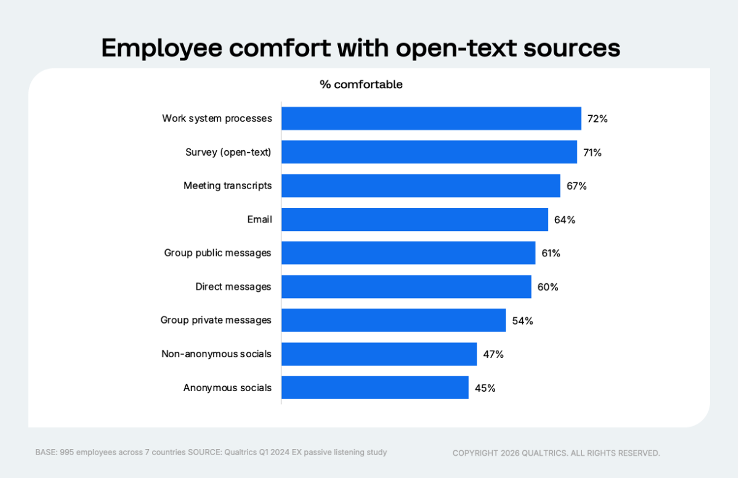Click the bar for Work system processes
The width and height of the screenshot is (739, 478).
[x=431, y=118]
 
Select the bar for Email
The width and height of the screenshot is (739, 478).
[x=414, y=219]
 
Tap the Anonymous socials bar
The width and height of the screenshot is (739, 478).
[x=374, y=387]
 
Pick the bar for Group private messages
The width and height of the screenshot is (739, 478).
[x=394, y=320]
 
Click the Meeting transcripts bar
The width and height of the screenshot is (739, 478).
[x=421, y=185]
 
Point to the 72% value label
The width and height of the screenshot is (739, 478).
[x=597, y=119]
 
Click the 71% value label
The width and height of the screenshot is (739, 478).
[x=592, y=152]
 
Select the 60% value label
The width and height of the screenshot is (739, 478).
[x=547, y=287]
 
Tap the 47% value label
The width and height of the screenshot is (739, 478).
[x=493, y=354]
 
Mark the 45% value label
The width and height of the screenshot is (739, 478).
[x=485, y=388]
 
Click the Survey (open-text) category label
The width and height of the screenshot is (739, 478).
[x=228, y=152]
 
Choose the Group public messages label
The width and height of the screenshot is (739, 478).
[x=217, y=253]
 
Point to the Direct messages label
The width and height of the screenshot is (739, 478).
[x=233, y=287]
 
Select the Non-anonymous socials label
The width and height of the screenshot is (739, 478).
[x=216, y=354]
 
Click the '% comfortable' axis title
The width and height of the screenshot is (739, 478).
[x=361, y=84]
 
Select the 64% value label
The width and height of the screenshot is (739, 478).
[x=564, y=220]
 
